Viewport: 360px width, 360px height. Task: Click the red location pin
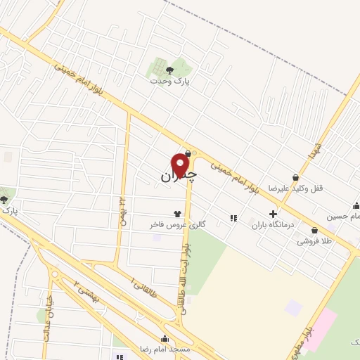[x=180, y=165]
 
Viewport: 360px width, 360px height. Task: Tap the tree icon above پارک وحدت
[x=169, y=69]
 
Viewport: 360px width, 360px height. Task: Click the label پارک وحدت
[x=170, y=81]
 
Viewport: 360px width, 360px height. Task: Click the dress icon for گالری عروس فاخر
[x=176, y=213]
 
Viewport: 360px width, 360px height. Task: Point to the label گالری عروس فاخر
[x=176, y=224]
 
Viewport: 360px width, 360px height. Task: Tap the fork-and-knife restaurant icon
[x=233, y=218]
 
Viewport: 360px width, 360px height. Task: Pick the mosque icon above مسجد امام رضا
[x=164, y=338]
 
